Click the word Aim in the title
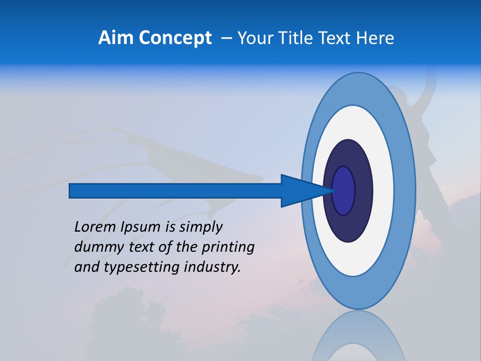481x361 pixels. pos(116,38)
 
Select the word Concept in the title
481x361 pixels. pos(175,38)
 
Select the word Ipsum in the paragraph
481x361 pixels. pos(140,227)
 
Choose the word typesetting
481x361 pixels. pos(135,267)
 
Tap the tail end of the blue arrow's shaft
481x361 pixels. pos(71,191)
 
